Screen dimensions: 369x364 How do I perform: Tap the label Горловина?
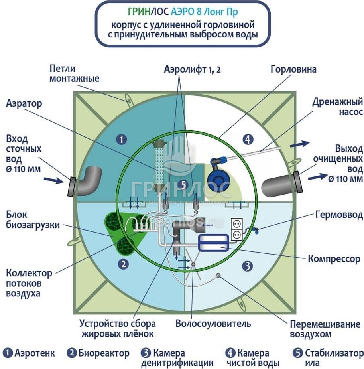(x=293, y=69)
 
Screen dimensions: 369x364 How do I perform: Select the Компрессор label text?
(x=334, y=259)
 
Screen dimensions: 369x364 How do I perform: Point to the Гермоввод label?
(x=339, y=215)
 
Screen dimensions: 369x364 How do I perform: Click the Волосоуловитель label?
(x=213, y=323)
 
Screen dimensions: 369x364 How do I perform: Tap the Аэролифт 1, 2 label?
(x=192, y=69)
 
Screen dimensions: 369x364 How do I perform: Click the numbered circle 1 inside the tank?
(x=121, y=139)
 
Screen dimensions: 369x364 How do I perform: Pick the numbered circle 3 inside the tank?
(x=248, y=265)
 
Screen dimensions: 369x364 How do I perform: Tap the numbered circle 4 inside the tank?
(x=248, y=139)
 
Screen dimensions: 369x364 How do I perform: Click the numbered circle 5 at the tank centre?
(x=183, y=184)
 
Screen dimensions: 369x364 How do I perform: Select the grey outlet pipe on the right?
(x=279, y=184)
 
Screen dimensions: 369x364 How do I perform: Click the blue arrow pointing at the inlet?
(x=57, y=180)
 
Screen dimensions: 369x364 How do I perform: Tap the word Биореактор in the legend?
(x=104, y=353)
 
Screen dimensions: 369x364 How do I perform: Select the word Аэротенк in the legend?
(x=34, y=353)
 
